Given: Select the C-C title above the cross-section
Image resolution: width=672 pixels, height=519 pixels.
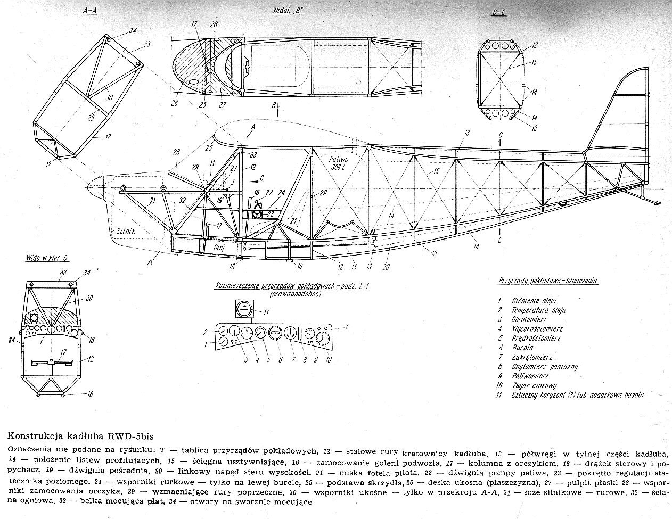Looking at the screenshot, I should pos(499,12).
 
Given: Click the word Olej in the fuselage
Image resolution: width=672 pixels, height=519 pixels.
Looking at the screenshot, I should pos(219,248).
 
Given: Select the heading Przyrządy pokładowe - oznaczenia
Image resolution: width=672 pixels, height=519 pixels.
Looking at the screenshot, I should pos(548,280).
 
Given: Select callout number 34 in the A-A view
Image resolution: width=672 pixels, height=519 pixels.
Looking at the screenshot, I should pos(133,31).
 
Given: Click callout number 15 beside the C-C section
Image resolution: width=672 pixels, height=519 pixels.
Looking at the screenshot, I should pos(534,63).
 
